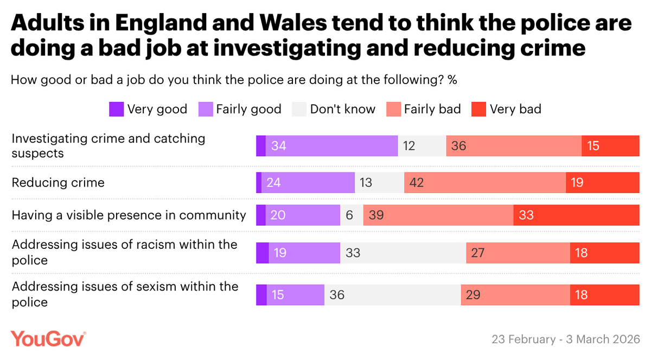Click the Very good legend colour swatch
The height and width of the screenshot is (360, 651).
(117, 109)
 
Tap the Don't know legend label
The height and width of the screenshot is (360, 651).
(342, 109)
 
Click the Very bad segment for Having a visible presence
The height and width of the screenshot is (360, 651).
(576, 215)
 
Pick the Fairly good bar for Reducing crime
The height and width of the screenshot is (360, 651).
(308, 183)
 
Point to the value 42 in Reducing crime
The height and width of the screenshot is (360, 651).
(417, 183)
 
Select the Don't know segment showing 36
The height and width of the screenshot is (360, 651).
(393, 295)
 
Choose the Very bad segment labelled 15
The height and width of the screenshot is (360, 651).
(610, 146)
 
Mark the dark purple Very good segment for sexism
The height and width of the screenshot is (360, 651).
(261, 295)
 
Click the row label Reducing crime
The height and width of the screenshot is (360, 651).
(58, 183)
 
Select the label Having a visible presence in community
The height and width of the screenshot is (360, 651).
(129, 215)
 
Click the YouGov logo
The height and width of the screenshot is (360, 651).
(49, 339)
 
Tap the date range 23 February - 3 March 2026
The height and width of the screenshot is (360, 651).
(566, 340)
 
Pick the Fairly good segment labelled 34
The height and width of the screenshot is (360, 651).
(331, 146)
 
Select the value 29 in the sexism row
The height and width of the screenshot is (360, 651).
(473, 295)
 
